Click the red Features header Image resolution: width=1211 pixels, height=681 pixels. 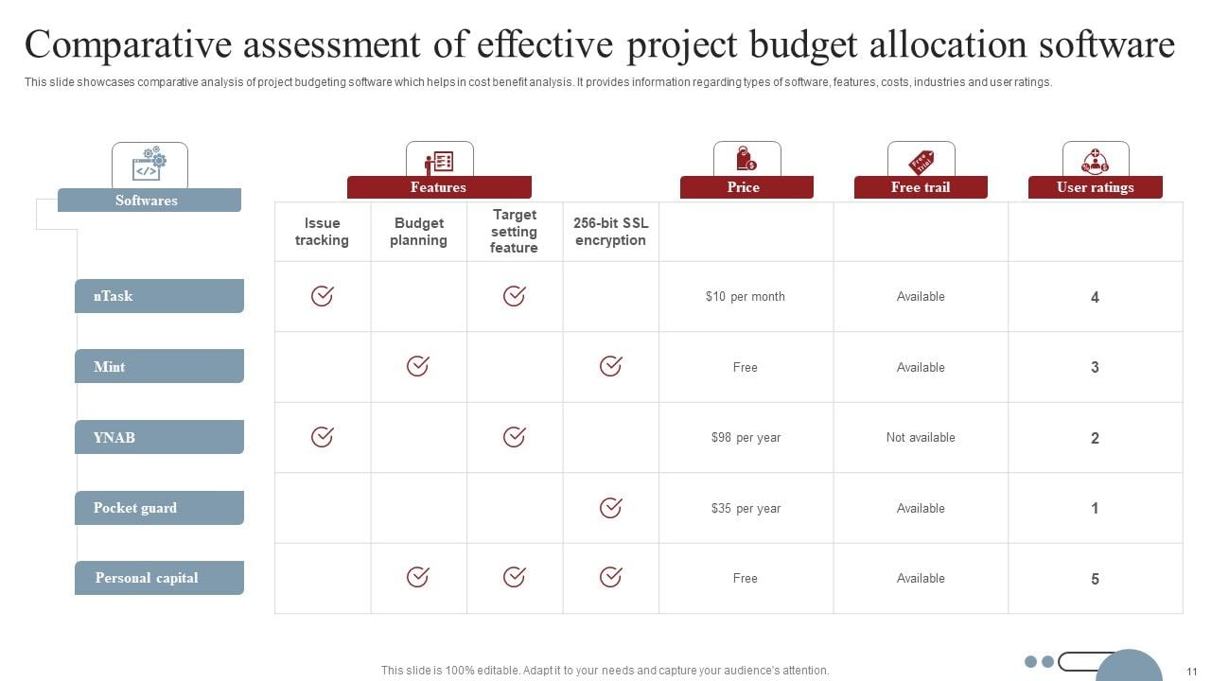click(x=439, y=187)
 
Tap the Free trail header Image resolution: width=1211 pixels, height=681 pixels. click(x=921, y=187)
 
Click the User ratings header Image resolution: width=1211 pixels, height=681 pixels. click(x=1095, y=187)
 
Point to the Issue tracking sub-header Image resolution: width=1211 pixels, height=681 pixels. click(x=322, y=232)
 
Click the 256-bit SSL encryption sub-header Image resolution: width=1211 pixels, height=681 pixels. click(x=610, y=232)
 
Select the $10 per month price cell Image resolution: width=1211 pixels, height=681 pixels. click(x=746, y=296)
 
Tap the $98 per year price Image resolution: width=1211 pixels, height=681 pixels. click(x=746, y=437)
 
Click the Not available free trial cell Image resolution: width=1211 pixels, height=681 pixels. click(x=921, y=437)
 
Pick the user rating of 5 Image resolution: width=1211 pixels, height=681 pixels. click(x=1095, y=579)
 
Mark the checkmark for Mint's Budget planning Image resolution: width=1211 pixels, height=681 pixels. click(x=417, y=366)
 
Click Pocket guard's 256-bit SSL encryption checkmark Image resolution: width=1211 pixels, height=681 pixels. click(x=611, y=508)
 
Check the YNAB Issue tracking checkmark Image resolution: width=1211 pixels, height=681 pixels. click(x=322, y=437)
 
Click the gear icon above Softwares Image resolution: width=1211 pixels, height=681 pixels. click(x=149, y=165)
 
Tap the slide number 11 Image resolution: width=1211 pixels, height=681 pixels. click(x=1192, y=670)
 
